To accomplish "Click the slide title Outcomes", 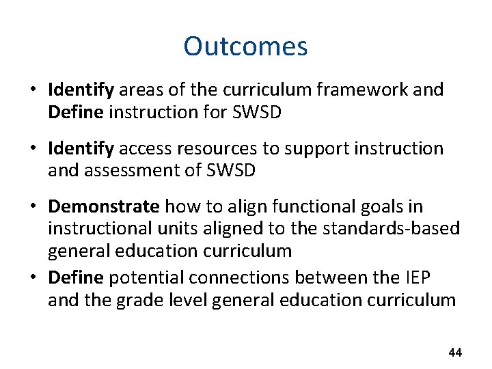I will tap(245, 46).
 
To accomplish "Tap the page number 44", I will tap(454, 353).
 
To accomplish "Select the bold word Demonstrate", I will tap(104, 206).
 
